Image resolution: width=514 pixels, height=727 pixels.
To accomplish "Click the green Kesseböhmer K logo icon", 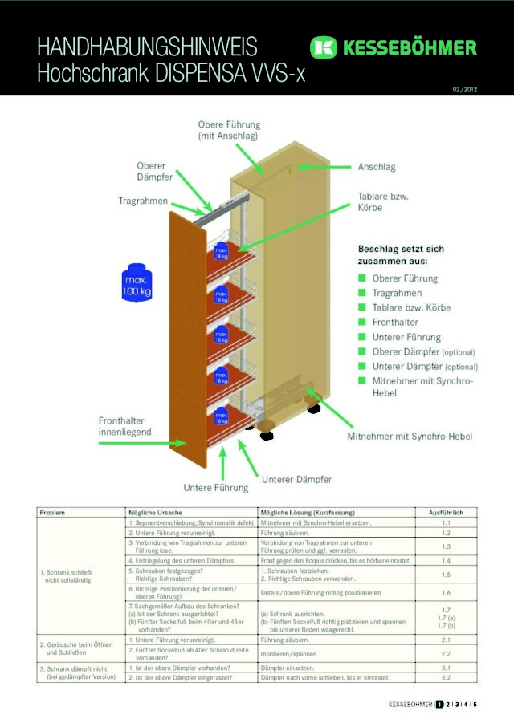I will [323, 48].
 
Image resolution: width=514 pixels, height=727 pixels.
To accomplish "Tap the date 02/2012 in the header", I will [464, 89].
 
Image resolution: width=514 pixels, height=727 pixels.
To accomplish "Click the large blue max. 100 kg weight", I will [137, 282].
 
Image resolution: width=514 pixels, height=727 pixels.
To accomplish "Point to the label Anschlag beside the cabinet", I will [377, 167].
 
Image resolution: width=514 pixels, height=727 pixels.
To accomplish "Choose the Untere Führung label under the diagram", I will [216, 487].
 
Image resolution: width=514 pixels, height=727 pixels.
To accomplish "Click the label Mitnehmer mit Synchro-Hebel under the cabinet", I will [410, 437].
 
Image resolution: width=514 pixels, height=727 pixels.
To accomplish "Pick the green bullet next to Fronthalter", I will [362, 323].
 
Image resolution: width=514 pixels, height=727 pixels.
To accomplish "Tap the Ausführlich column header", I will [447, 512].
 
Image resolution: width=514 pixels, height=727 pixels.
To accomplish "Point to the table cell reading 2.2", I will [447, 654].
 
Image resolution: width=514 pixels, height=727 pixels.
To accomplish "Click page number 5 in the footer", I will [475, 705].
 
